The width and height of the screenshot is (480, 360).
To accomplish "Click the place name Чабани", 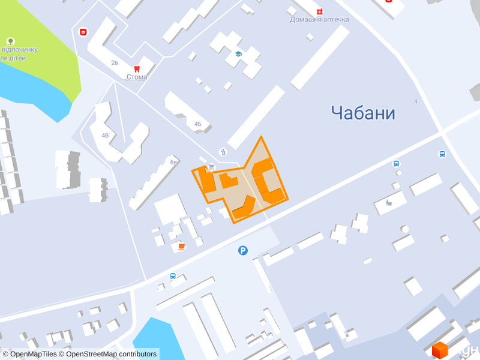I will point(363,112).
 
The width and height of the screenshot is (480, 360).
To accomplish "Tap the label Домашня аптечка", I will point(319,19).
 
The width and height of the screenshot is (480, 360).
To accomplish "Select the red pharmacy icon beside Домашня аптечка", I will point(320,10).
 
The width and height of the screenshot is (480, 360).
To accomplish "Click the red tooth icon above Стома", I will point(137,68).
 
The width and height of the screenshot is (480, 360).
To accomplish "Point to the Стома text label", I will point(137,77).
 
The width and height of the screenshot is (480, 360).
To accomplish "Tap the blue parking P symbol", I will point(242,250).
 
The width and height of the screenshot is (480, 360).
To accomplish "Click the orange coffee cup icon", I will point(181,246).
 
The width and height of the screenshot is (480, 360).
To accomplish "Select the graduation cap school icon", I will point(238,54).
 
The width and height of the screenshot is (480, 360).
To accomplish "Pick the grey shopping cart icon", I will point(211,167).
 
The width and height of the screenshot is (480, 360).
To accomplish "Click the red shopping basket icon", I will point(83,31).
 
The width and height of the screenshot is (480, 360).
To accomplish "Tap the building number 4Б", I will point(198,124).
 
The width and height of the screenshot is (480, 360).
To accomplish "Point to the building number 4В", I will point(105,135).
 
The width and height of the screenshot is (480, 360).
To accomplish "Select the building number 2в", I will point(115,62).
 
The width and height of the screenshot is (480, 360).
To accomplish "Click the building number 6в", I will point(173,162).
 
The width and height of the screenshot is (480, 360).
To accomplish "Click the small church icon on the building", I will point(389,202).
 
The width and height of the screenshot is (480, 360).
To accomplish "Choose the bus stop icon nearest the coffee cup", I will point(173,277).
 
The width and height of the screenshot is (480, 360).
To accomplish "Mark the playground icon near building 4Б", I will point(223,152).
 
